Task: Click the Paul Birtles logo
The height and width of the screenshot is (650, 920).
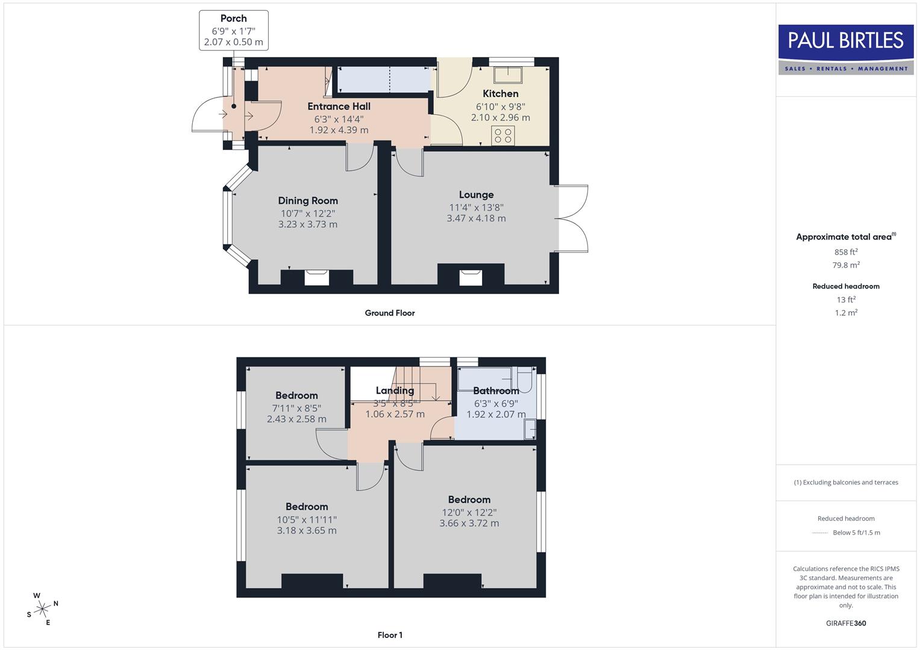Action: pyautogui.click(x=846, y=49)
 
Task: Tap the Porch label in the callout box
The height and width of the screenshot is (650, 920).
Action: pyautogui.click(x=234, y=19)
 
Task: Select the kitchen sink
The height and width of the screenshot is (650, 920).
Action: pyautogui.click(x=508, y=75)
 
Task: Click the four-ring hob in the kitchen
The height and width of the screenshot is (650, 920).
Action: pyautogui.click(x=503, y=135)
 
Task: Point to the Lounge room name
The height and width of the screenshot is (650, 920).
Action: pyautogui.click(x=476, y=195)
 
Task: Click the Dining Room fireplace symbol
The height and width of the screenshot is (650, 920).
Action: pyautogui.click(x=317, y=277)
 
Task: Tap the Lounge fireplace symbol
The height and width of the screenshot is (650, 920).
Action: pyautogui.click(x=471, y=277)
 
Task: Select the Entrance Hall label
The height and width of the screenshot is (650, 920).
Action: pyautogui.click(x=339, y=107)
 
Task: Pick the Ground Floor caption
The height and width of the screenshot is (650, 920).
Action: pyautogui.click(x=390, y=313)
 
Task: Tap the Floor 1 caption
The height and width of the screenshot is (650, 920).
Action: pyautogui.click(x=390, y=635)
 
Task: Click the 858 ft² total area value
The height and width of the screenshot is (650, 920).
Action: pyautogui.click(x=846, y=252)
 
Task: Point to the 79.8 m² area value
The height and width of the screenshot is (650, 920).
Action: pyautogui.click(x=846, y=265)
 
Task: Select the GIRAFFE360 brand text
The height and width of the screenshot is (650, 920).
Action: pyautogui.click(x=846, y=624)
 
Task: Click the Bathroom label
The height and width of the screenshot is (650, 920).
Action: pyautogui.click(x=496, y=391)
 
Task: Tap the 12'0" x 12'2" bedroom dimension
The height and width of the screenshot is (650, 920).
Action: pyautogui.click(x=469, y=512)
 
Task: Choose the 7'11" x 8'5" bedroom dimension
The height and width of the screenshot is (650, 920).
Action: pyautogui.click(x=296, y=408)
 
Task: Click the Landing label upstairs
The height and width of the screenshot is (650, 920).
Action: pyautogui.click(x=395, y=391)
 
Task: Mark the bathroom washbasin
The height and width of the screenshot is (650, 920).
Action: pyautogui.click(x=530, y=429)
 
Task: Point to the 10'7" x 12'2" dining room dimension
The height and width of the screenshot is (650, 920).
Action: pyautogui.click(x=308, y=213)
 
